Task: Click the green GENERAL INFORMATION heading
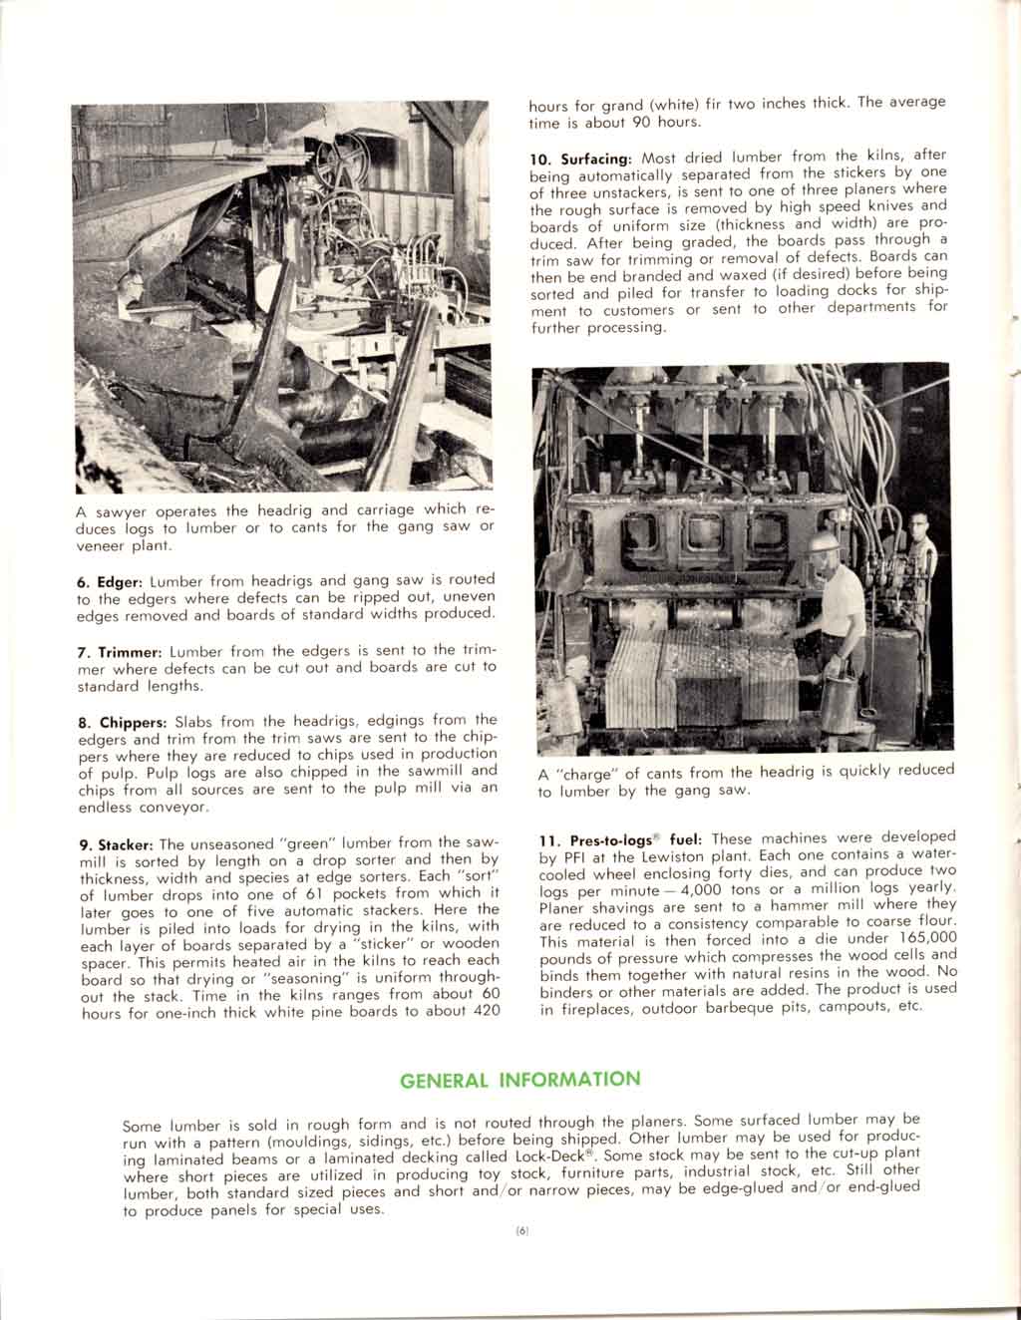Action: tap(519, 1080)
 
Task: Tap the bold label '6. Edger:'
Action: tap(111, 580)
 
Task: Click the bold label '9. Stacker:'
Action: tap(117, 845)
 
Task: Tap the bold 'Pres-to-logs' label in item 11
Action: tap(609, 840)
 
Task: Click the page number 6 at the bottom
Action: tap(521, 1231)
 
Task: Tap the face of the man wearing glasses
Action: tap(919, 528)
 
